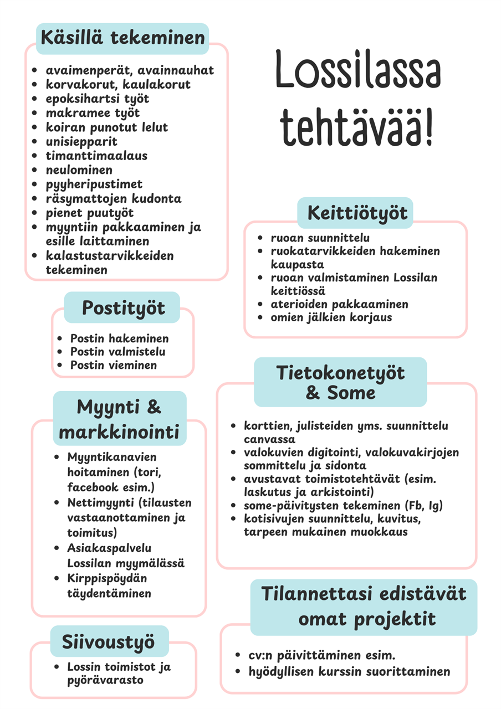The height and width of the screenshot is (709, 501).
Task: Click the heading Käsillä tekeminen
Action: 122,38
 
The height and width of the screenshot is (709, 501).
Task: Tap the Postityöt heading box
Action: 122,307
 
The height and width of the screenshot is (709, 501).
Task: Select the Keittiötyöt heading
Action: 355,213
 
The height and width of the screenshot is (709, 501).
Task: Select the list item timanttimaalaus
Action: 96,156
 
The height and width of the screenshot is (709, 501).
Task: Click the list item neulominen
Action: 79,170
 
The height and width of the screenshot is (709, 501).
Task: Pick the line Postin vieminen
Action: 113,365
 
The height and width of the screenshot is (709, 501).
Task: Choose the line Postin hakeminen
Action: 119,338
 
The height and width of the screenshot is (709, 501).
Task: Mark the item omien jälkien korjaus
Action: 331,317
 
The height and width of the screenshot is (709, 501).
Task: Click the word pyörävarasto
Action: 105,680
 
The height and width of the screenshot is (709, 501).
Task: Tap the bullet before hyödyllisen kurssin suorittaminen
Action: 237,671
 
